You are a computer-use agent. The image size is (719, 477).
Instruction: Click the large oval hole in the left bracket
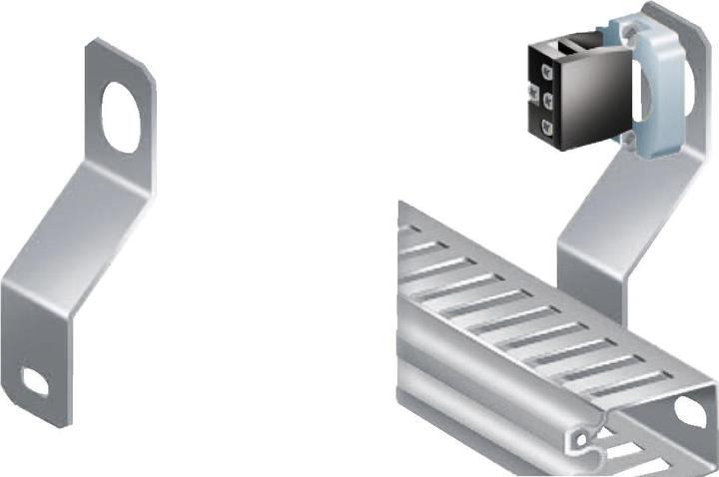coord(121,115)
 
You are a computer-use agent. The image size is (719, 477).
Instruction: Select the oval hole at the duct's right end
coord(689,410)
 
